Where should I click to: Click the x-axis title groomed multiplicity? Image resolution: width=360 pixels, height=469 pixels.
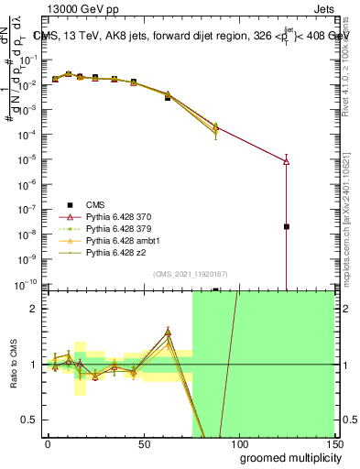point(281,456)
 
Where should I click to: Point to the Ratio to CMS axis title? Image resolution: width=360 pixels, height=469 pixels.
point(16,365)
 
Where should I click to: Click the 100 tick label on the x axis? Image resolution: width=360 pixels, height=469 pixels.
point(238,442)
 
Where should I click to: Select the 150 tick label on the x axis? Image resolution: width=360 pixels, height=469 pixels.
point(333,442)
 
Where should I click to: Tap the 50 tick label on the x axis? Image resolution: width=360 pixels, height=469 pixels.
point(143,442)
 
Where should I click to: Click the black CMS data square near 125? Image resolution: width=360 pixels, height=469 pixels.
point(287,226)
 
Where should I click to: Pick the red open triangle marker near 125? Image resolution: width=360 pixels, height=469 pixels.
point(287,161)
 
